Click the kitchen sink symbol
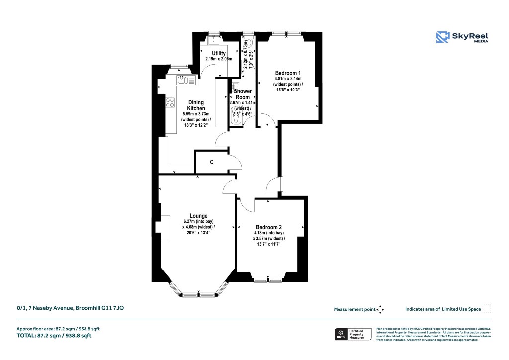(182, 80)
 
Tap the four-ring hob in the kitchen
(170, 103)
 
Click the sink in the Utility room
(215, 40)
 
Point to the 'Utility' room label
(219, 53)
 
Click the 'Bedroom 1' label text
(288, 73)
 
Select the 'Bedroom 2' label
(269, 227)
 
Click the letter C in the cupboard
(212, 162)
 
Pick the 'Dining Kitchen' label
(196, 105)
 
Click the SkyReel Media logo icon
(442, 37)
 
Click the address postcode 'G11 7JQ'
(112, 308)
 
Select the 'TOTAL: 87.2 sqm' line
(54, 336)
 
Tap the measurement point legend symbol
(381, 309)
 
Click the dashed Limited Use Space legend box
(487, 309)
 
